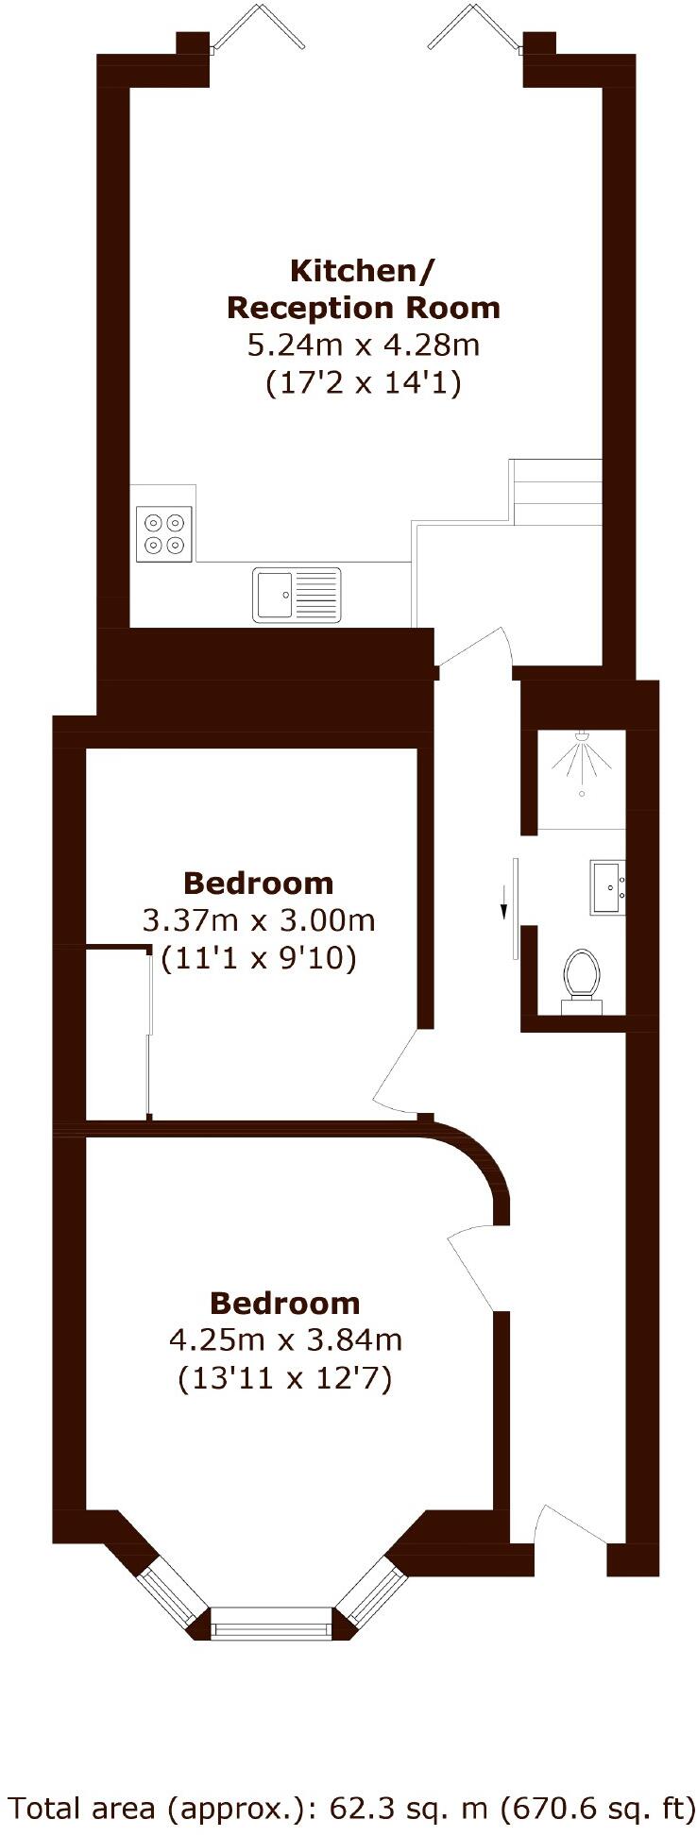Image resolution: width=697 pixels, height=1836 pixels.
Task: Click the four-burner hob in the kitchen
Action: (164, 533)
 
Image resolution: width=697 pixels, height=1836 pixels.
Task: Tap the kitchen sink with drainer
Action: (296, 594)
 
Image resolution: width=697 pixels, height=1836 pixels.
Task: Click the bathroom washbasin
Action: (606, 886)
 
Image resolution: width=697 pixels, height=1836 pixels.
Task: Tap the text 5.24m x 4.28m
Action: (363, 345)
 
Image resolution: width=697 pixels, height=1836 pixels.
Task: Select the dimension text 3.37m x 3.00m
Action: (259, 920)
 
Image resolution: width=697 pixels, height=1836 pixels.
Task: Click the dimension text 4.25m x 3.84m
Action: (285, 1339)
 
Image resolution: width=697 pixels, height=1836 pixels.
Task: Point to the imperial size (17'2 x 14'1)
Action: (363, 384)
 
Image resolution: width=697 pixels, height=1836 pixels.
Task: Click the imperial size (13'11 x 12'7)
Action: (285, 1379)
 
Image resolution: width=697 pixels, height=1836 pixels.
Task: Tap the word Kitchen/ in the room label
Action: (363, 271)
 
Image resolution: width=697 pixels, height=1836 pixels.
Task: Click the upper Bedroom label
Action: (259, 883)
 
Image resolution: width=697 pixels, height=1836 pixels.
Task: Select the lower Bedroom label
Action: (285, 1303)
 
